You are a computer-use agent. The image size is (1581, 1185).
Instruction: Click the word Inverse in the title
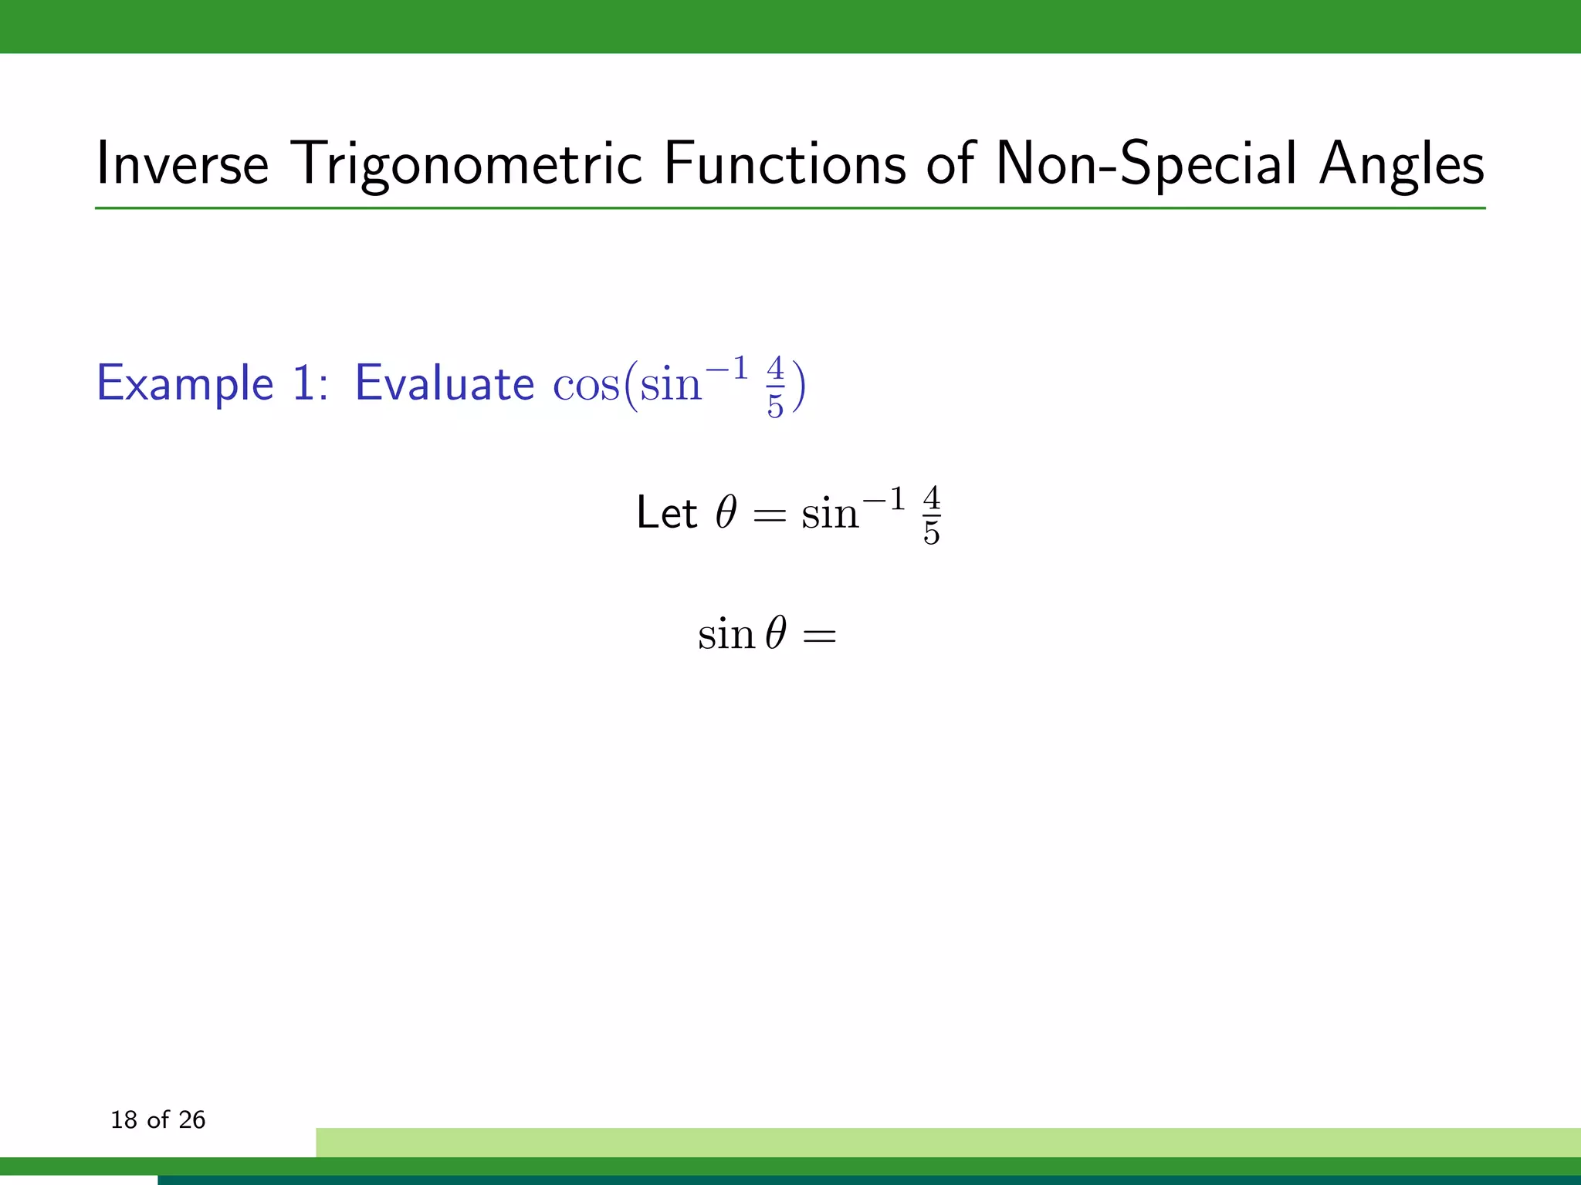point(182,164)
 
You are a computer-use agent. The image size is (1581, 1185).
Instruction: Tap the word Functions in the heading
point(784,164)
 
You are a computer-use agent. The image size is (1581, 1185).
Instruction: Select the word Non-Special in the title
point(1146,164)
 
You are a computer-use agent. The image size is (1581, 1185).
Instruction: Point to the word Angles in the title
point(1401,164)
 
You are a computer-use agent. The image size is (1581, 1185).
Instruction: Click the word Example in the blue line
point(185,383)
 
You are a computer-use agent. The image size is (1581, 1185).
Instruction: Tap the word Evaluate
point(444,383)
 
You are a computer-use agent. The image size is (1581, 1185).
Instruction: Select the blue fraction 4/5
point(775,387)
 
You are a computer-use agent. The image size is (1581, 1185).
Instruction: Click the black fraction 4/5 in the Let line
point(931,515)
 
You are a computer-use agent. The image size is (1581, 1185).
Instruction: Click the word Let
point(666,513)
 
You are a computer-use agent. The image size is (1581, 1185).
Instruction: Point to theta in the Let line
point(726,512)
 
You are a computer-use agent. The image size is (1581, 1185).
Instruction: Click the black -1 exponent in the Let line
point(883,500)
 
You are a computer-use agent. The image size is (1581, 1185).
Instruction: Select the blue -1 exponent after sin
point(726,369)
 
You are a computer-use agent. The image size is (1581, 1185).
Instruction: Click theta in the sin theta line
point(776,634)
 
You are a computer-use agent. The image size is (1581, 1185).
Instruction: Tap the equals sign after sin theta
point(819,637)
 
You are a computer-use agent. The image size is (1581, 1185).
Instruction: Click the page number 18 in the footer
point(124,1119)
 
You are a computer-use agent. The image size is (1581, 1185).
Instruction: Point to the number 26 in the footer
point(191,1119)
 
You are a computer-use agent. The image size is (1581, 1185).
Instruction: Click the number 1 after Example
point(303,383)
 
